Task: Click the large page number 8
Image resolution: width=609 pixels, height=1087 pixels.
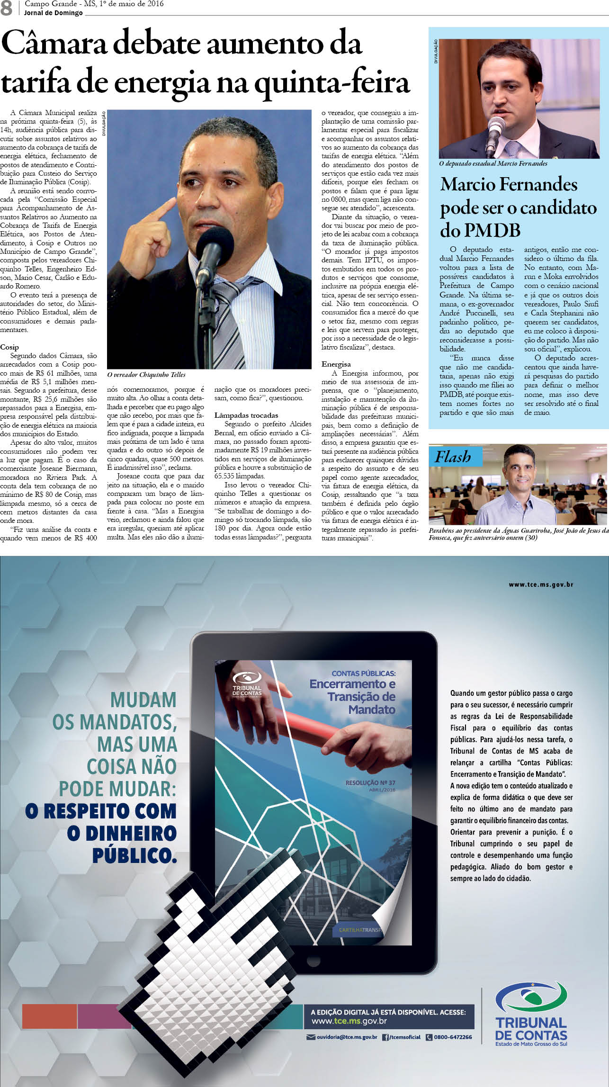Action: pos(7,8)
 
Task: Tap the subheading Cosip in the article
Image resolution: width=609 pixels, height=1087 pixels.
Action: pos(9,347)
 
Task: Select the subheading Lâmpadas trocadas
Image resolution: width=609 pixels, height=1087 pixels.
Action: pos(246,415)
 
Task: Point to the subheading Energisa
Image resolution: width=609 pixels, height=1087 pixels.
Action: pos(336,364)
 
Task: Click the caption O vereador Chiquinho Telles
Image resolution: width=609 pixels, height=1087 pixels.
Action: pos(146,375)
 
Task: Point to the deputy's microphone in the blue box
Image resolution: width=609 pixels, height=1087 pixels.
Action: pos(496,128)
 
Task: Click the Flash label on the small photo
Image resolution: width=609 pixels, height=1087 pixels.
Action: pos(453,457)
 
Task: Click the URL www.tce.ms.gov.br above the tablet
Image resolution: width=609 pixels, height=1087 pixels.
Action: pos(541,584)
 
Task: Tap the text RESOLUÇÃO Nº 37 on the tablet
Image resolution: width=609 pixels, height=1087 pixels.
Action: pos(370,783)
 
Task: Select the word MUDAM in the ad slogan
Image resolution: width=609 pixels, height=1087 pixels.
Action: pos(143,700)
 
